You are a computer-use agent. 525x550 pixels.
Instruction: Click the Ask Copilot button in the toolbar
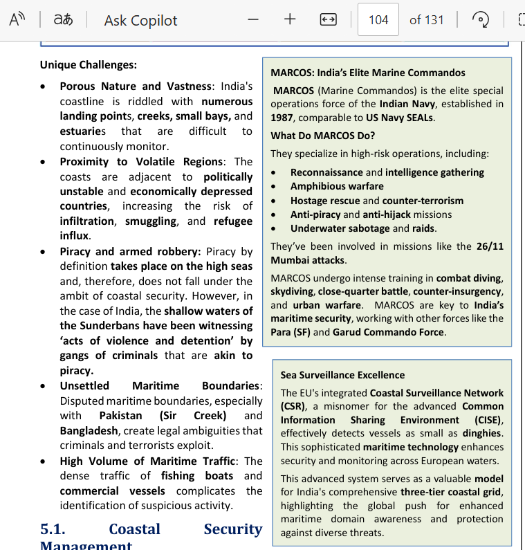140,20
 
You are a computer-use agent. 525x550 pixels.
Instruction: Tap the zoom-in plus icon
290,19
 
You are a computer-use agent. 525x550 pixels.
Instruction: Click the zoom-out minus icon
253,19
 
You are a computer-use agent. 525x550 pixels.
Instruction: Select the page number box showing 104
378,19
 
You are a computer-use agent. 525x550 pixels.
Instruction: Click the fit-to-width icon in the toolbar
328,19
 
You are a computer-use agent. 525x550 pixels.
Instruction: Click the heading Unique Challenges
89,65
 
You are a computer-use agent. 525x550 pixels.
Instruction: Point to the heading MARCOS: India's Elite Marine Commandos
368,73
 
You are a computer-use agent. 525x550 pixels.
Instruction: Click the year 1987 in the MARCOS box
282,118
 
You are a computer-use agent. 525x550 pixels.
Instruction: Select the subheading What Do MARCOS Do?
323,136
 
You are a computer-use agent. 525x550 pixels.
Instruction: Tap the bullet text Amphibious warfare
337,186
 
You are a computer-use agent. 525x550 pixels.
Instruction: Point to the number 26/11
490,246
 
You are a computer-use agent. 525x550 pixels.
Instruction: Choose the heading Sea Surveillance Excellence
342,375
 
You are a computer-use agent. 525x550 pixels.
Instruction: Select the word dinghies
481,434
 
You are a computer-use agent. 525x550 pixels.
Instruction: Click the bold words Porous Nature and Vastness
136,86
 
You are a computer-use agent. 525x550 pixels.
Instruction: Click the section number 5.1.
53,529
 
